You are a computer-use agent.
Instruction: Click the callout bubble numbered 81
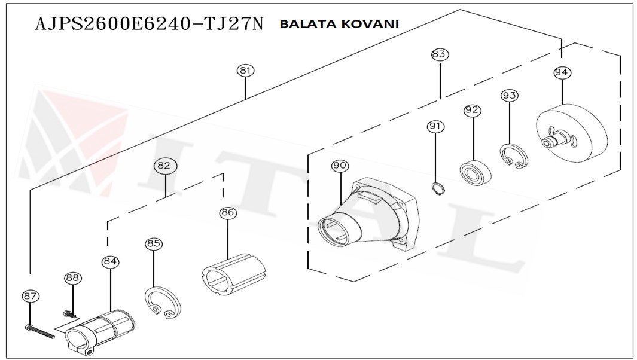pyautogui.click(x=245, y=71)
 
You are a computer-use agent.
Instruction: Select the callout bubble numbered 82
pyautogui.click(x=163, y=166)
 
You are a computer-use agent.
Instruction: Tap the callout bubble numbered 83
pyautogui.click(x=439, y=54)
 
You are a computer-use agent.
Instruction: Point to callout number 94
pyautogui.click(x=562, y=73)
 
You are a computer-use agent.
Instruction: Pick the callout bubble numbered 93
pyautogui.click(x=510, y=96)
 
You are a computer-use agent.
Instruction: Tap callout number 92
pyautogui.click(x=473, y=111)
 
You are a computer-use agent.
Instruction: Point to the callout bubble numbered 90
pyautogui.click(x=339, y=166)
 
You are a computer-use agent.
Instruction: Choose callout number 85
pyautogui.click(x=154, y=244)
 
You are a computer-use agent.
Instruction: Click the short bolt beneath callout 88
pyautogui.click(x=70, y=313)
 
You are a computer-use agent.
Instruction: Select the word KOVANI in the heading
pyautogui.click(x=370, y=24)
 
